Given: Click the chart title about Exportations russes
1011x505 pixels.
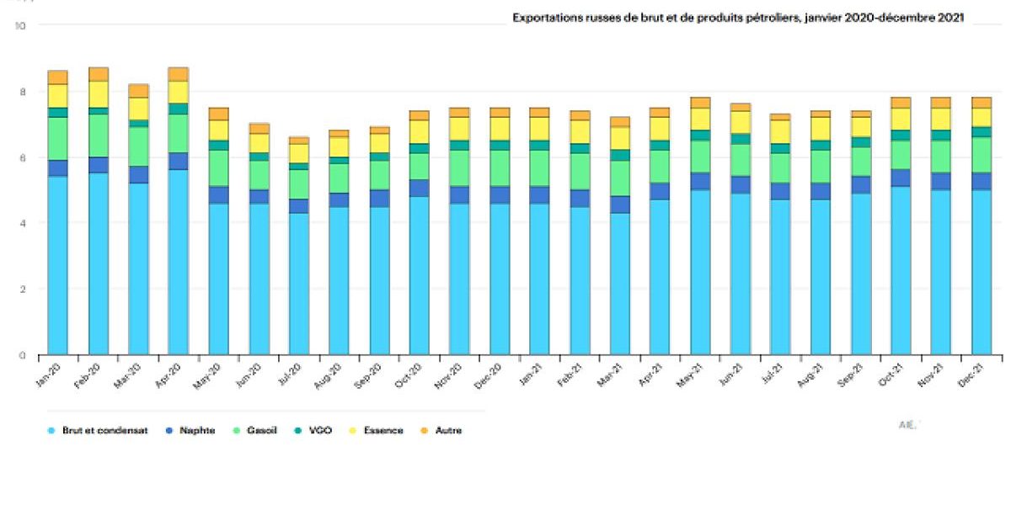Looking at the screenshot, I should coord(738,17).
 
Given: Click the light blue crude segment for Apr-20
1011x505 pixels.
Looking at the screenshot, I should coord(179,261).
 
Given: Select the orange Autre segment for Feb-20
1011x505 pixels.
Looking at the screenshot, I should coord(99,74).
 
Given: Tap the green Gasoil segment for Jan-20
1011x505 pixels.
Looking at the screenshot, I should coord(57,138).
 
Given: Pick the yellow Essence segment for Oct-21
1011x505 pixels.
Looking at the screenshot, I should coord(900,119).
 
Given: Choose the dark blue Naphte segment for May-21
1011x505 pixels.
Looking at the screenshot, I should coord(698,181).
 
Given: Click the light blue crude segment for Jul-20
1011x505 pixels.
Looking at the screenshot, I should coord(299,283).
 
